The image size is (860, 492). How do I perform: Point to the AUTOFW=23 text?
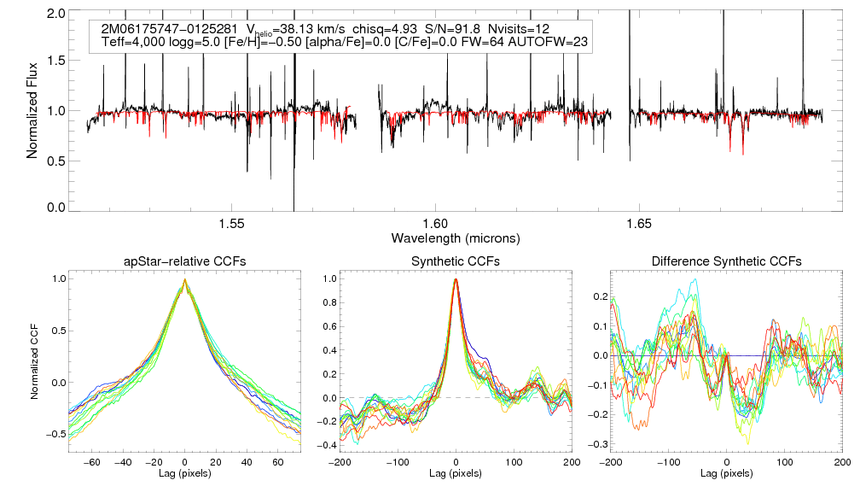[554, 42]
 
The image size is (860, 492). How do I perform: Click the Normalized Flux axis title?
[33, 111]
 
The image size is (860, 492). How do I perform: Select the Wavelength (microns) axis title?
[455, 237]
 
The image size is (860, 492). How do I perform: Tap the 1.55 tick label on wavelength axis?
[231, 224]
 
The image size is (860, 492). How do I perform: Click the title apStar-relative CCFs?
[185, 261]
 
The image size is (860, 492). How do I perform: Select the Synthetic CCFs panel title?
[456, 261]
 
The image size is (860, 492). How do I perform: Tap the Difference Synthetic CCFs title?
[726, 261]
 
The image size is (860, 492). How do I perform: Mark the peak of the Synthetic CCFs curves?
[456, 279]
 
